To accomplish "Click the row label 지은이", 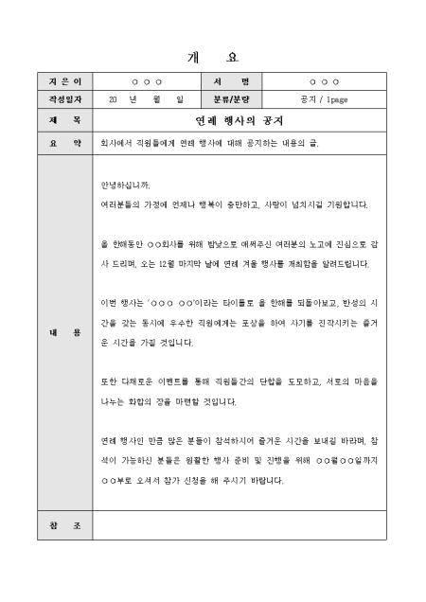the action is pyautogui.click(x=65, y=82).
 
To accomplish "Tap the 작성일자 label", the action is pyautogui.click(x=65, y=98).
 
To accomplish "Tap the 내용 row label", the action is pyautogui.click(x=65, y=332).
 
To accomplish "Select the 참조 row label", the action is pyautogui.click(x=65, y=525).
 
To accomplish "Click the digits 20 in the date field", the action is pyautogui.click(x=114, y=98).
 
